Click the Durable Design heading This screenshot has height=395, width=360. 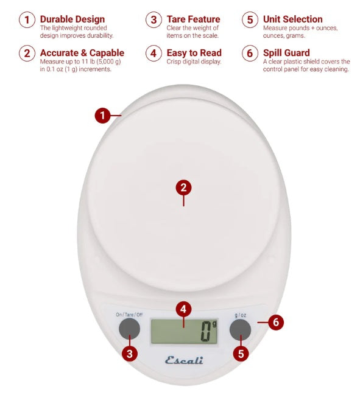pos(72,19)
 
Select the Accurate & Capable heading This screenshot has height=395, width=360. pos(82,53)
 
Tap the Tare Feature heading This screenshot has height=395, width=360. pos(193,19)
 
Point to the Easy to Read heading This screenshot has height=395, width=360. pos(194,53)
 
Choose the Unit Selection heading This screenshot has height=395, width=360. pos(293,19)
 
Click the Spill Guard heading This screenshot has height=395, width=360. pos(286,53)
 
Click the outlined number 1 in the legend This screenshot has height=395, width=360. pos(27,20)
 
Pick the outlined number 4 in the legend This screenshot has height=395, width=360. pos(154,54)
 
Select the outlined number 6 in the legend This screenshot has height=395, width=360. pos(250,54)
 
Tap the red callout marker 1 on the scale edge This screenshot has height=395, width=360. pos(103,115)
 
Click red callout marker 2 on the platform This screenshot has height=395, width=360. pos(184,187)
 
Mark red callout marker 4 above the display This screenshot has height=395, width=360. pos(184,309)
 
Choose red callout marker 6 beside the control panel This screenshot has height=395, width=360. pos(275,322)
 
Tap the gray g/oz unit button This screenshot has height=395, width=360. pos(240,330)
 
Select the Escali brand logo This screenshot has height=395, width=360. pos(184,360)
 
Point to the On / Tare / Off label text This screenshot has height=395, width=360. pos(129,315)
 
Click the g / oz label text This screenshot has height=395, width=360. pos(240,315)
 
